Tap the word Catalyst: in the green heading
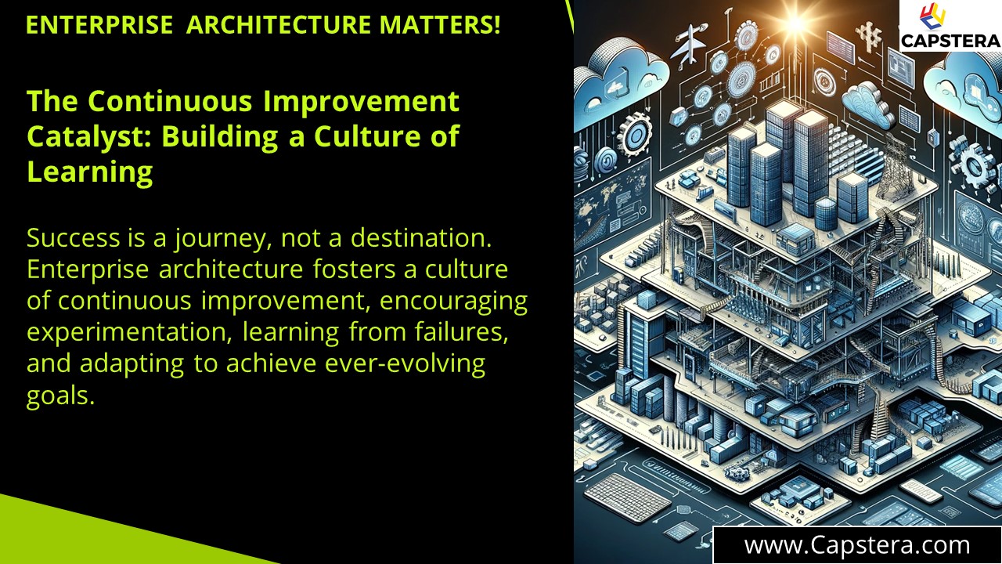coord(89,136)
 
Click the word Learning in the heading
coord(90,172)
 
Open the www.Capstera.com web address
coord(857,544)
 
